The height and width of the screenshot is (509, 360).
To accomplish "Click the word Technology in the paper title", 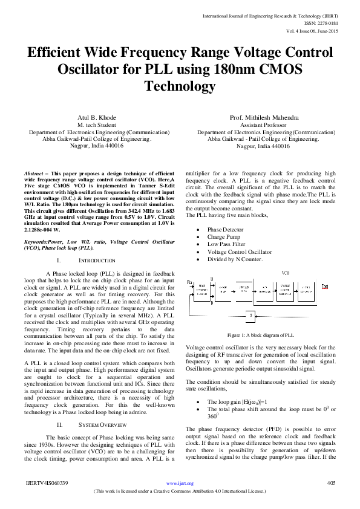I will coord(180,86).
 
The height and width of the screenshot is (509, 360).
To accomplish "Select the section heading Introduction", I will coord(97,260).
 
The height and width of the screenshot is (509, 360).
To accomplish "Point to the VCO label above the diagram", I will coord(286,274).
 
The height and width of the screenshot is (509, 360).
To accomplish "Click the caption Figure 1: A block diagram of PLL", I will coord(260,334).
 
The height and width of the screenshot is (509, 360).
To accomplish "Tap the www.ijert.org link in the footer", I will coord(180,484).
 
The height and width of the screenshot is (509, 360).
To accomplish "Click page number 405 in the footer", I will coord(331,484).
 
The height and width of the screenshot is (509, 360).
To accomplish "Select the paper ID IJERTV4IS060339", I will coord(47,484).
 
